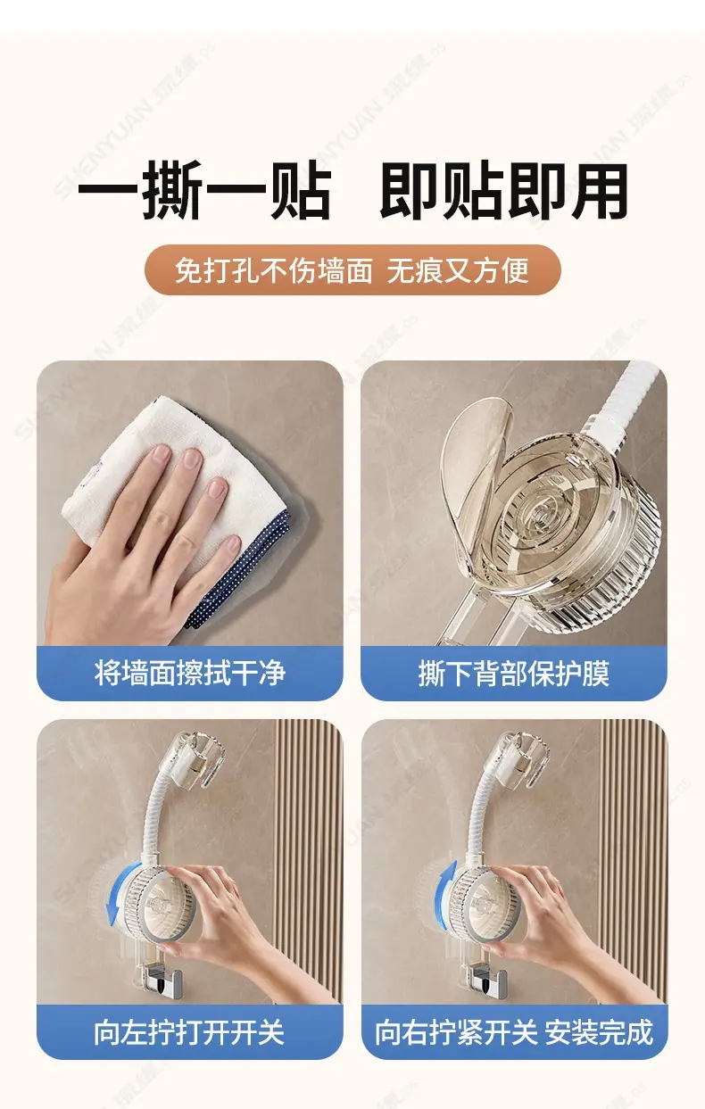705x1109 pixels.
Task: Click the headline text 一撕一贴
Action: pos(205,191)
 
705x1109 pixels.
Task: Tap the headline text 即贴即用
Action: pos(503,191)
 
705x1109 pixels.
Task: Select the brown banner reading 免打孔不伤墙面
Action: pos(352,270)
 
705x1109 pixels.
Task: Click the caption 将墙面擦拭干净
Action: pos(189,673)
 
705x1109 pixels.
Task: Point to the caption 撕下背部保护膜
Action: pos(513,673)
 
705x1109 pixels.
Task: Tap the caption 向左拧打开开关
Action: pos(189,1031)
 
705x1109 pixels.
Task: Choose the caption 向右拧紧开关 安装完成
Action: pos(514,1031)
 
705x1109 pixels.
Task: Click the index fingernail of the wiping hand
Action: pos(161,454)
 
